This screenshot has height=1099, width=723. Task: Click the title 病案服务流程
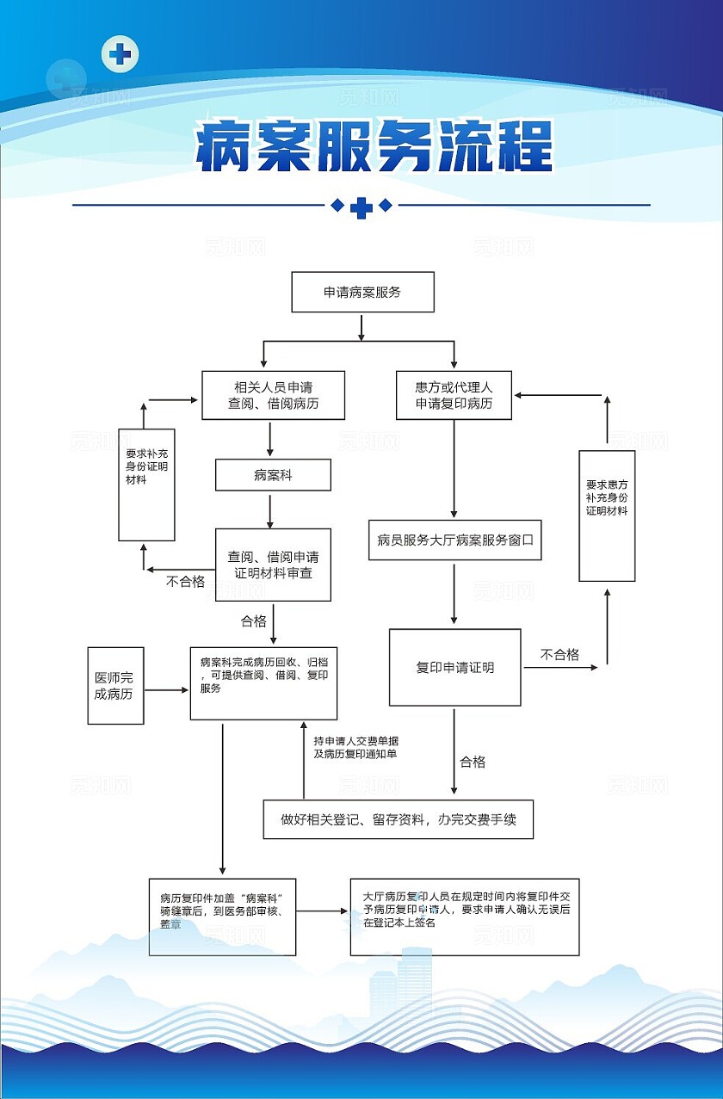pos(374,147)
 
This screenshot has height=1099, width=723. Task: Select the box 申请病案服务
pos(362,292)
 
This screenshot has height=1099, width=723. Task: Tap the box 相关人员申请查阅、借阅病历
pos(273,395)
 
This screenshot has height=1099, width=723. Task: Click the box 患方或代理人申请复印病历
pos(454,395)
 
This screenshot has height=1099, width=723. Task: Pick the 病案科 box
pos(273,474)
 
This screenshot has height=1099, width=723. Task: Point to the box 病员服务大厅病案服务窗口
pos(454,540)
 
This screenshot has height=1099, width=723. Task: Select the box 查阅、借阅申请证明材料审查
pos(273,565)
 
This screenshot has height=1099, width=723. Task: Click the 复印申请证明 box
pos(454,667)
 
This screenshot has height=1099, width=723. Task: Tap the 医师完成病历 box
pos(115,685)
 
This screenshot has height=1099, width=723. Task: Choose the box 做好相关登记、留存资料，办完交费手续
pos(398,819)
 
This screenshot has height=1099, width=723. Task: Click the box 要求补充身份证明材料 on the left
pos(146,485)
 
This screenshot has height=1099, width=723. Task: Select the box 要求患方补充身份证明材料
pos(606,516)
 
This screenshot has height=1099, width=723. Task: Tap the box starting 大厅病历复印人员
pos(464,916)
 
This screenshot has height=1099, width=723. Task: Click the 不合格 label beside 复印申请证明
pos(559,655)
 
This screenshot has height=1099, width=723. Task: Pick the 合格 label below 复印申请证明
pos(473,762)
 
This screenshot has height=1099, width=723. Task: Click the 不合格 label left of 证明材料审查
pos(185,581)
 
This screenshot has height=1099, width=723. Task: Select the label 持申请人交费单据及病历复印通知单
pos(355,747)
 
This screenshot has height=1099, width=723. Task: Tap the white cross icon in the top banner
pos(120,55)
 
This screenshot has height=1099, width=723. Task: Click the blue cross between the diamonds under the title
pos(361,207)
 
